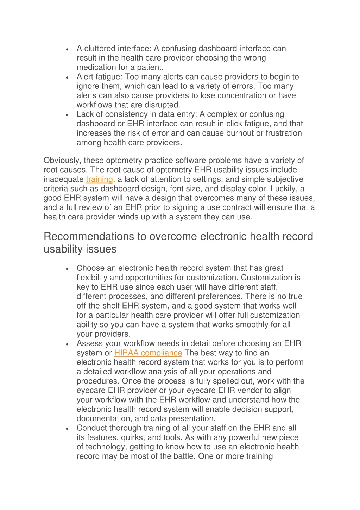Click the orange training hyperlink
pyautogui.click(x=99, y=179)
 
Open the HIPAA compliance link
pyautogui.click(x=148, y=353)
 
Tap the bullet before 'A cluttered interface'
pyautogui.click(x=67, y=49)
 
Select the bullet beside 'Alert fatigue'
pyautogui.click(x=67, y=77)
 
